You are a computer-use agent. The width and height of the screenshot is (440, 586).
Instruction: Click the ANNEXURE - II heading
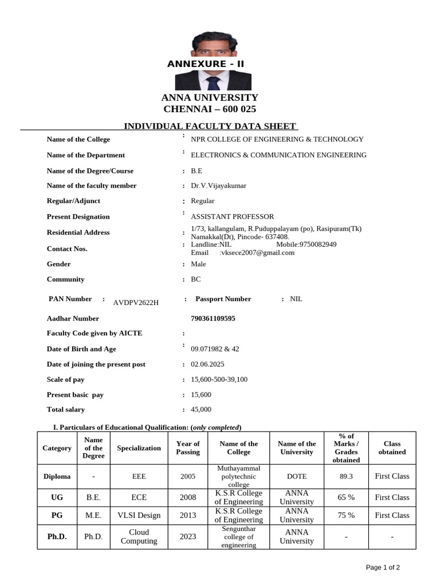(x=205, y=64)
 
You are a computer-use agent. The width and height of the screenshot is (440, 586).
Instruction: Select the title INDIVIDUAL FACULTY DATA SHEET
(x=210, y=126)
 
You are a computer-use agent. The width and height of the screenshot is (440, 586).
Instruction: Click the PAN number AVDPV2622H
(x=136, y=302)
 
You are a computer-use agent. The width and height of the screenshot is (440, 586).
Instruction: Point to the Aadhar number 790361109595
(x=213, y=318)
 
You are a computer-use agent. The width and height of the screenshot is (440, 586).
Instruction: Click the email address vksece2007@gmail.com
(x=257, y=252)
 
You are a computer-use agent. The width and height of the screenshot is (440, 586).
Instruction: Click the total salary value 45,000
(x=201, y=409)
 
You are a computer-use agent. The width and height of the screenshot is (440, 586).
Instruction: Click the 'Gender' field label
(x=58, y=264)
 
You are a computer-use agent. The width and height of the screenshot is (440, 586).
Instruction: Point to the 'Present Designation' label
(x=78, y=217)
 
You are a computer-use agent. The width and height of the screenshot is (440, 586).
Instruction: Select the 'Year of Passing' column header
(x=188, y=448)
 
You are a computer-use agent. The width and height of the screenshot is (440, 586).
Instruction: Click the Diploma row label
(x=57, y=476)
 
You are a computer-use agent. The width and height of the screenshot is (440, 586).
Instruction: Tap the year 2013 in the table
(x=188, y=515)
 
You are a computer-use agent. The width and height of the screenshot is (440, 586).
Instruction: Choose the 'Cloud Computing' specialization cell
(x=139, y=536)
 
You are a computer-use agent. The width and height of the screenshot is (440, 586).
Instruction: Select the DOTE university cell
(x=297, y=476)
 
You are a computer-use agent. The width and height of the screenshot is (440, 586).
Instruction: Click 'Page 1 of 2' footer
(x=383, y=567)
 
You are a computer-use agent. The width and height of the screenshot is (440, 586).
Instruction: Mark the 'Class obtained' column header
(x=392, y=448)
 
